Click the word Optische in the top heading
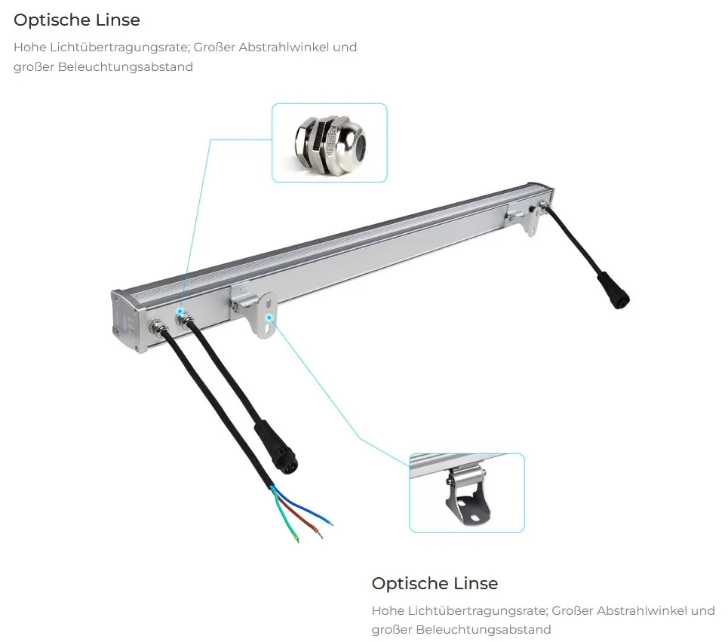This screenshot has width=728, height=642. click(x=48, y=20)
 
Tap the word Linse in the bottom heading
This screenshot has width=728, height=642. click(x=475, y=583)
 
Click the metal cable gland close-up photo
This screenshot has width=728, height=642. click(x=329, y=143)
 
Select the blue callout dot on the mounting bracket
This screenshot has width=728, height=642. click(x=269, y=318)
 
